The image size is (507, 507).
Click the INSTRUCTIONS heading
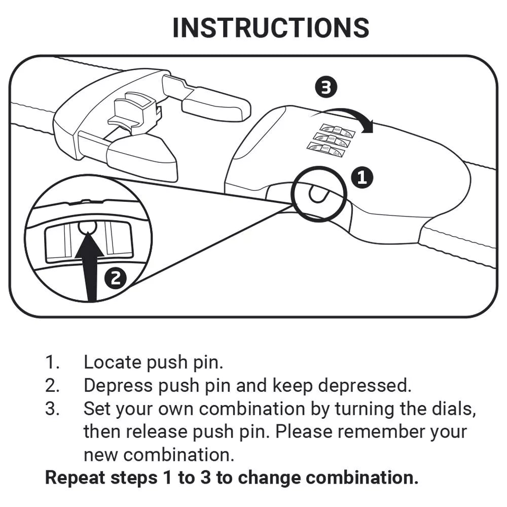coord(271,28)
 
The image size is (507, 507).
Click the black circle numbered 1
coord(362,177)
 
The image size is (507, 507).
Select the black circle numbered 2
coord(116,278)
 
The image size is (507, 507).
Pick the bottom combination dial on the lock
coord(325,149)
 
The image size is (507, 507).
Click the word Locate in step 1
coord(112,363)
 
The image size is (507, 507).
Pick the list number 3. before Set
coord(52,409)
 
